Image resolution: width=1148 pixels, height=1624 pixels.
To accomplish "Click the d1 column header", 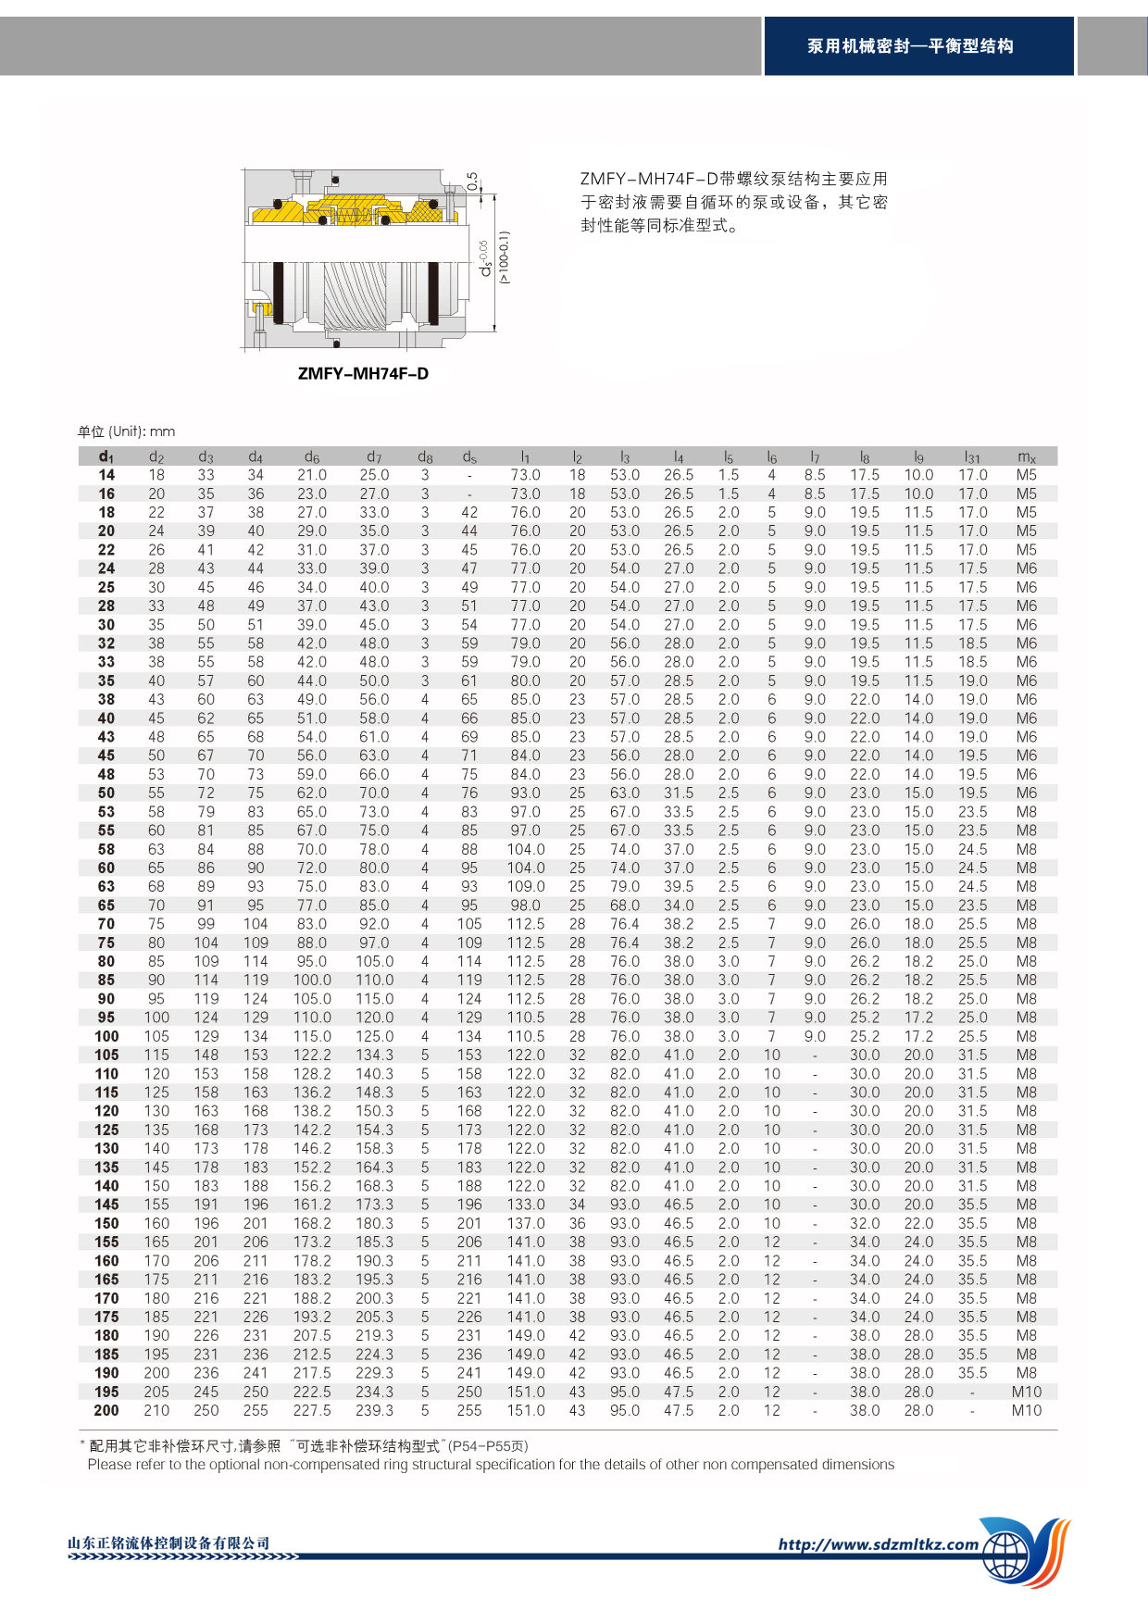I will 106,456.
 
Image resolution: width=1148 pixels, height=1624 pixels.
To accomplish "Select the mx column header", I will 1026,456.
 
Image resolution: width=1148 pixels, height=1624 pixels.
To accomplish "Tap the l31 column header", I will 972,456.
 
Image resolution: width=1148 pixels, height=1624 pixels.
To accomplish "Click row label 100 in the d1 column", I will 106,1036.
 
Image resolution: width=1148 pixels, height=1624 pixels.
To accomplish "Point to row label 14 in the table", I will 106,475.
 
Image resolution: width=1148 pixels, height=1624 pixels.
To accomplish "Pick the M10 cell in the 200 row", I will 1026,1410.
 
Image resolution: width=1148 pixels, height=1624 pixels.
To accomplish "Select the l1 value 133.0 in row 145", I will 525,1205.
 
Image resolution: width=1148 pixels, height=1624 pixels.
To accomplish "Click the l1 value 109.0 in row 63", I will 525,886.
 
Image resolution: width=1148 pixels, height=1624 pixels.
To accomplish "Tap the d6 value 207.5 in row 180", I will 312,1335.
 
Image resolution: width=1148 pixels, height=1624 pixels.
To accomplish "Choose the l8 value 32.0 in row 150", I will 865,1223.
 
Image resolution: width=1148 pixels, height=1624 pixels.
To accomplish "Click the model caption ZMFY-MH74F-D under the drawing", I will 363,374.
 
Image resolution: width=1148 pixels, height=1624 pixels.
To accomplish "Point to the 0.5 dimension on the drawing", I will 472,181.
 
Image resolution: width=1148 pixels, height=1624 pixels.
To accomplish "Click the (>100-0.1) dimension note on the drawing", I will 504,257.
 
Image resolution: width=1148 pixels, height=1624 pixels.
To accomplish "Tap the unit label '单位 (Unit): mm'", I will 126,431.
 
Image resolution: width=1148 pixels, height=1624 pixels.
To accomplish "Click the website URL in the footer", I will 878,1543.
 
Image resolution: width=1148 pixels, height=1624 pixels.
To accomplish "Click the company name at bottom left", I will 168,1543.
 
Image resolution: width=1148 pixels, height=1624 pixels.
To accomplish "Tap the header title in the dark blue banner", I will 910,46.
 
